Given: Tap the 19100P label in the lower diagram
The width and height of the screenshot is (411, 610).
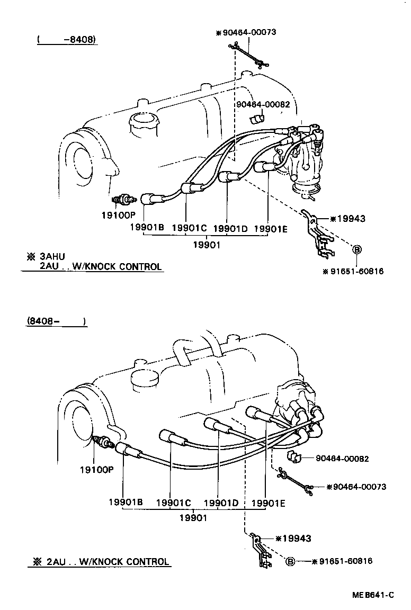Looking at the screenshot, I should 97,469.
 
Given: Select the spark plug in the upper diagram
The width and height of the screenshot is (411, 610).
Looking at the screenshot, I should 124,200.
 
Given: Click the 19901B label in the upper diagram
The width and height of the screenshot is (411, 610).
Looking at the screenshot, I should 147,228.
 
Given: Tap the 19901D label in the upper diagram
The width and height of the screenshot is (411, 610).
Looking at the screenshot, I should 230,228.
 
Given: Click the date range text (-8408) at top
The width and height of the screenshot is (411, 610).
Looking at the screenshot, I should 67,40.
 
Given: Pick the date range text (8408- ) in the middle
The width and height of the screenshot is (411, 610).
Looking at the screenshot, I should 55,321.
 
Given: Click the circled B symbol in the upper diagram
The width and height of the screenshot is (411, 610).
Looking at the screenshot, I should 356,249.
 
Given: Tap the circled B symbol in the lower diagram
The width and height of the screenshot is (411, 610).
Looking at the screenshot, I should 290,562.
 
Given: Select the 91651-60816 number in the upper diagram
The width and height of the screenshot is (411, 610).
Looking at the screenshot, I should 358,271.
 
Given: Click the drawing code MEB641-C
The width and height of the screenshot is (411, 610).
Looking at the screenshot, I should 373,595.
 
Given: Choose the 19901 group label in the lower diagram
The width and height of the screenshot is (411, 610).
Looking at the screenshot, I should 192,517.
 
